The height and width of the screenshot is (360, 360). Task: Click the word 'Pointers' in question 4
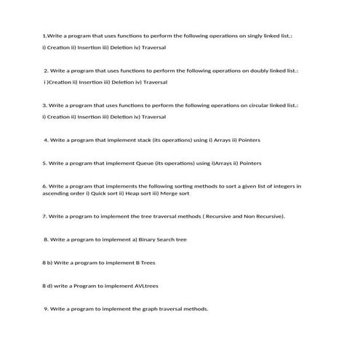[x=249, y=140]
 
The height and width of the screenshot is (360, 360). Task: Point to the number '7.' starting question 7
[x=45, y=216]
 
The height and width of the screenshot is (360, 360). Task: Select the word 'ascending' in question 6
[x=57, y=193]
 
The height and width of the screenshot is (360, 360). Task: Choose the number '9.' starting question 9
[x=47, y=308]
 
